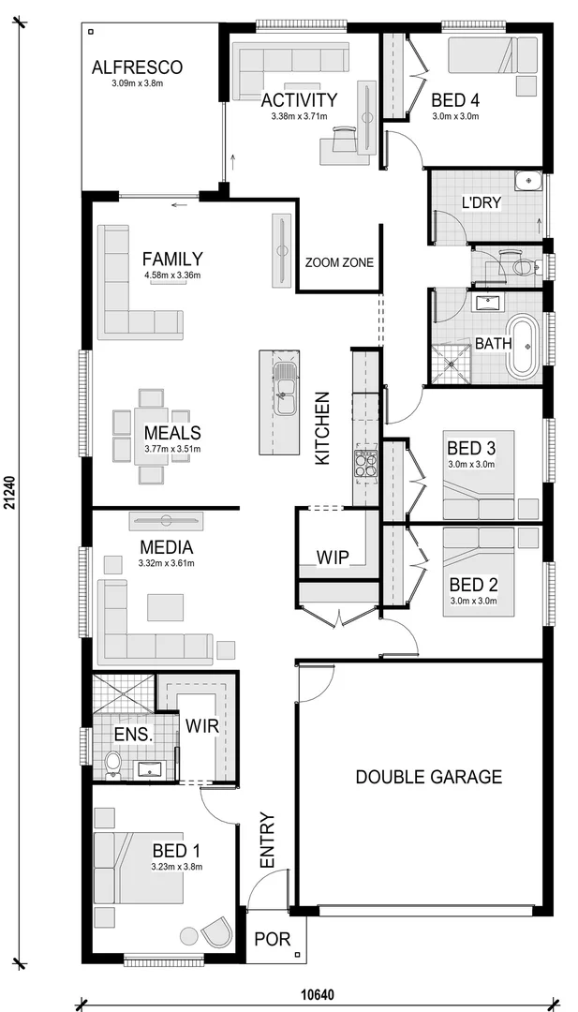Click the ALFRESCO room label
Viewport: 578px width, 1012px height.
[x=137, y=67]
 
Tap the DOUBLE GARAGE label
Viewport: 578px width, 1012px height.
[x=428, y=776]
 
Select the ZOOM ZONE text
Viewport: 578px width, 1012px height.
[x=339, y=263]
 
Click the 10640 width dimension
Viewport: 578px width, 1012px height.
[x=318, y=994]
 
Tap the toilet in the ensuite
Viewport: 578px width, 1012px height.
[x=113, y=764]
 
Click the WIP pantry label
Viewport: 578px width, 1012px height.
[x=332, y=558]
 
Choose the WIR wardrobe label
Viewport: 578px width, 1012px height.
[x=201, y=725]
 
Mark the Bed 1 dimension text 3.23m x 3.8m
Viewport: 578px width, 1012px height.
[x=177, y=867]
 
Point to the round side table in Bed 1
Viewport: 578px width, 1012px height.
[x=188, y=935]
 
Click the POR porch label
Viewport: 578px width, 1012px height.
[x=273, y=940]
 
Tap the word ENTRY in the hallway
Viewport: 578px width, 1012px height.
[x=267, y=841]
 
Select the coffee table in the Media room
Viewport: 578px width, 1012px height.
[x=166, y=607]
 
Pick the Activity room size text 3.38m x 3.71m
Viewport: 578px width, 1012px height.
[x=299, y=116]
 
